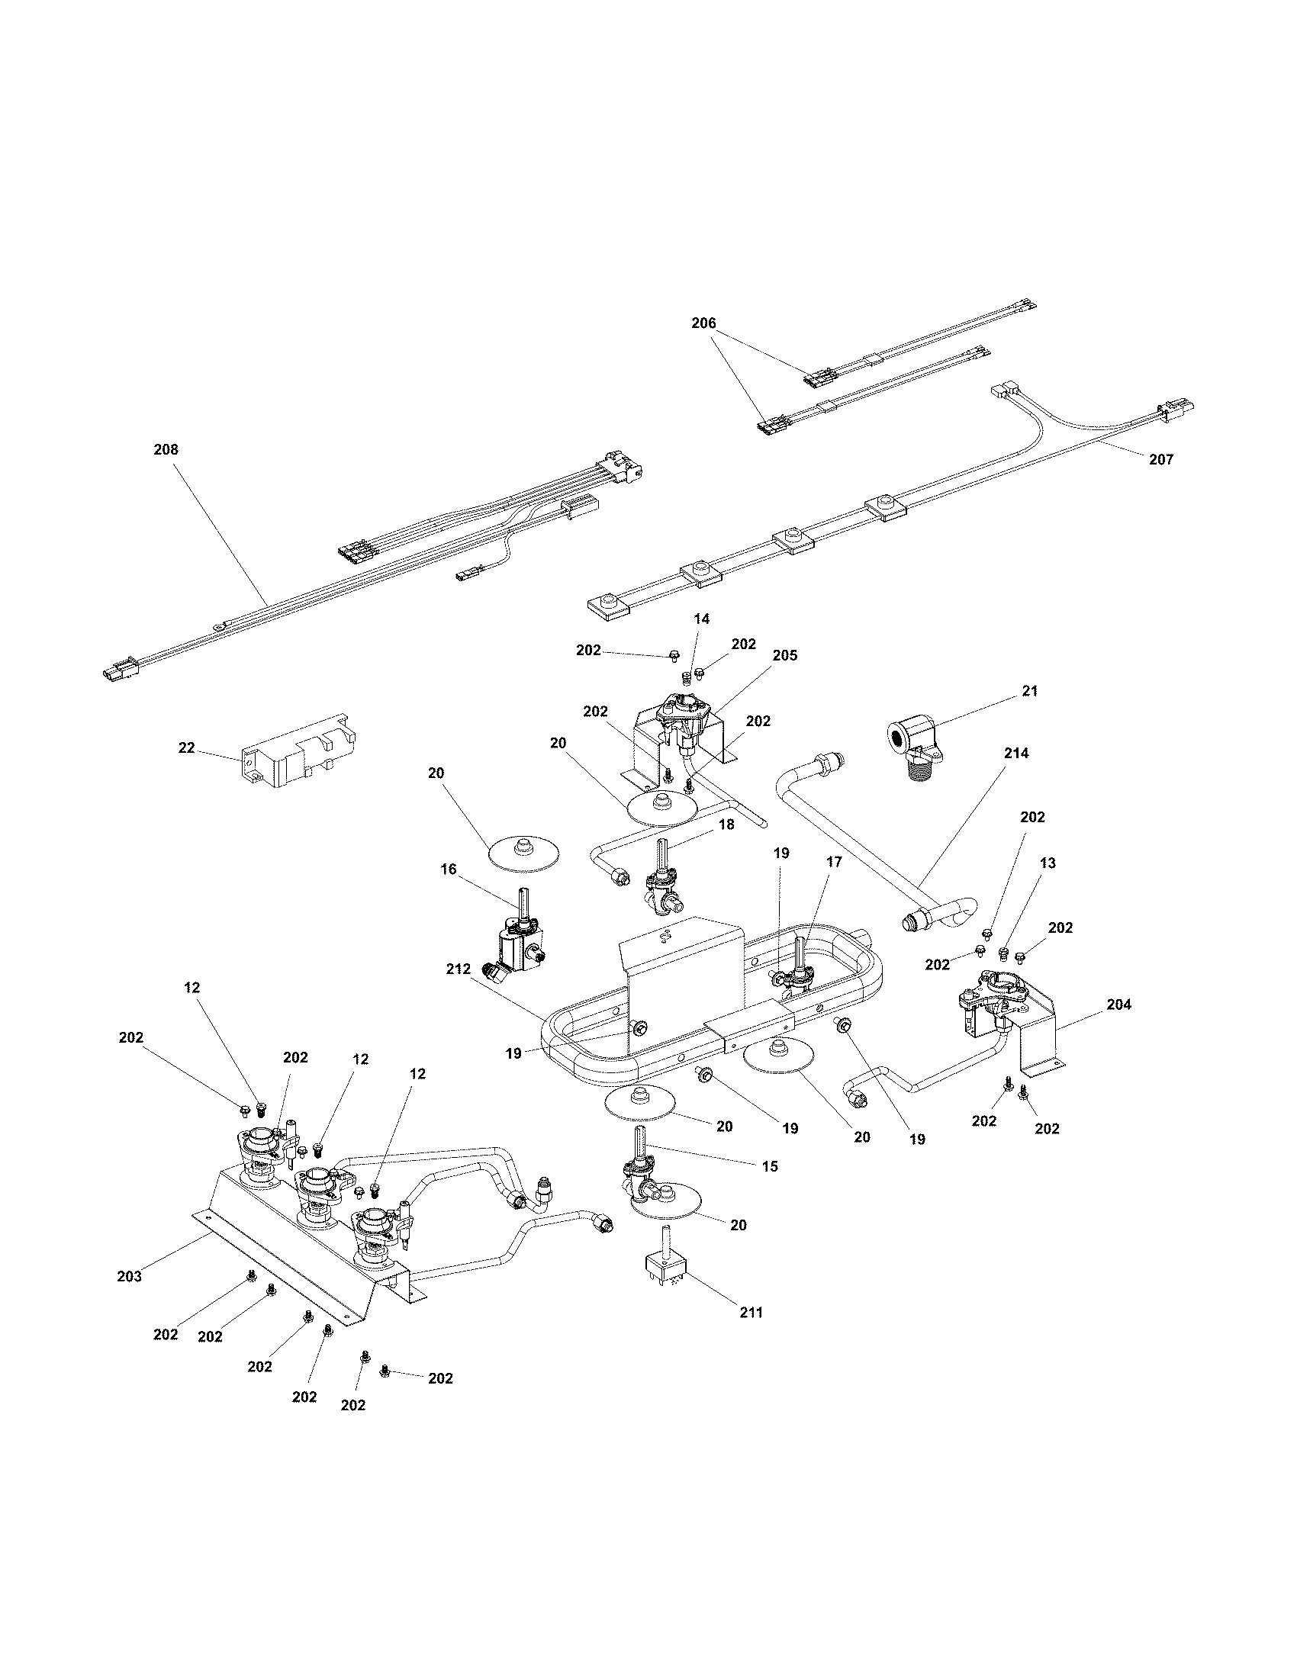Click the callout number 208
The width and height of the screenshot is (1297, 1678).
click(x=166, y=449)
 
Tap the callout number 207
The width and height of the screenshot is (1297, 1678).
click(x=1161, y=459)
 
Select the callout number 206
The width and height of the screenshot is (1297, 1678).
click(x=703, y=323)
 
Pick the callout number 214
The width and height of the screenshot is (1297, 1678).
click(x=1015, y=754)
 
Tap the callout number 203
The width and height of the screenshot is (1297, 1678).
click(x=129, y=1276)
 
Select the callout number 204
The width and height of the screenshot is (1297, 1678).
click(x=1118, y=1005)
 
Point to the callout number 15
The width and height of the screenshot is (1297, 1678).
click(x=770, y=1166)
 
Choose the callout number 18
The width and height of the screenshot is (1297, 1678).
click(x=726, y=825)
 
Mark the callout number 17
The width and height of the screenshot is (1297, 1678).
click(x=834, y=862)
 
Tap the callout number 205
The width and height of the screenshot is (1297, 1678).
click(x=784, y=655)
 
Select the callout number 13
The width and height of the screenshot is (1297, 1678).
click(x=1047, y=863)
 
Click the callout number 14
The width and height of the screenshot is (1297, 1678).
click(x=701, y=619)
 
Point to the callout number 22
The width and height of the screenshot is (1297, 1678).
click(x=187, y=747)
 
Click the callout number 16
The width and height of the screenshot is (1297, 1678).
click(x=448, y=869)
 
